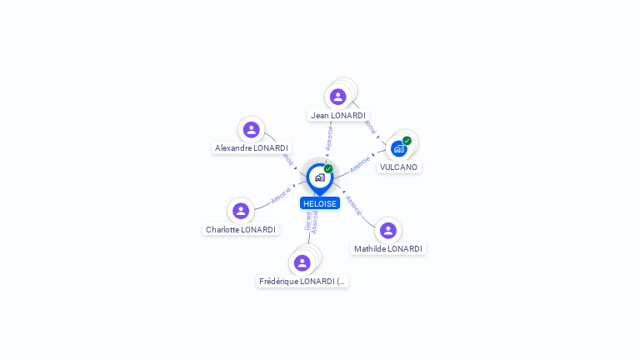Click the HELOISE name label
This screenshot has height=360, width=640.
point(320,203)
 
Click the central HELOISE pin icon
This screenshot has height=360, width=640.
point(319,177)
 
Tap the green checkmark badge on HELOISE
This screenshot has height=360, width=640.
point(328,168)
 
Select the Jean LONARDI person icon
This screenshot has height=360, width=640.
point(337,96)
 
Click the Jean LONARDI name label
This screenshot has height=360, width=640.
point(337,115)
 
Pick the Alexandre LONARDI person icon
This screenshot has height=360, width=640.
point(251,129)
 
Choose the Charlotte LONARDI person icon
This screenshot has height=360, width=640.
point(241,211)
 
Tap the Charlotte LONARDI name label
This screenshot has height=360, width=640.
point(241,229)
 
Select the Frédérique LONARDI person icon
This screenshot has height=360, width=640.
point(302,262)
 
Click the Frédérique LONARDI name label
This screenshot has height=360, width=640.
point(302,282)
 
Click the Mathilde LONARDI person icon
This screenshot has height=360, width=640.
point(387,230)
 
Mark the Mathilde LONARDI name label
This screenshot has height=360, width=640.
point(388,248)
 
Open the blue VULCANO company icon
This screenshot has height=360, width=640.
point(398,149)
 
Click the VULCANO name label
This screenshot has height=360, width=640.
point(398,167)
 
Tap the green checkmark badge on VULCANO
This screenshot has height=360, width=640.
point(407,140)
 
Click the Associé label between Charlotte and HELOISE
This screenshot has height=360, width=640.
point(281,196)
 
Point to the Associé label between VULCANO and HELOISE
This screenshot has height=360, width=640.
point(359,163)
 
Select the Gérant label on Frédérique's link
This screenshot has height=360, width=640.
point(307,222)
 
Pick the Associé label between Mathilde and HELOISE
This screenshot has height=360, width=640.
point(353,205)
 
